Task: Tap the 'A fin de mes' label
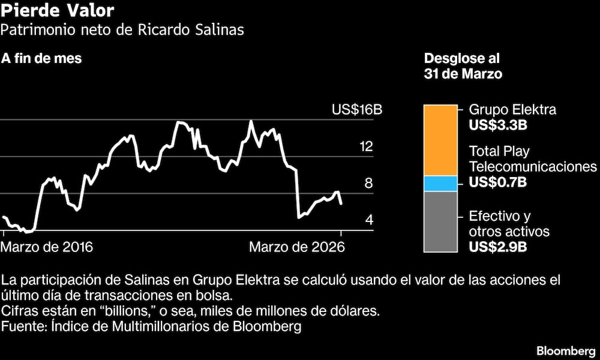pyautogui.click(x=41, y=59)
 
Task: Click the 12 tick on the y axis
pyautogui.click(x=365, y=147)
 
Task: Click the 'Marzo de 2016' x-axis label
pyautogui.click(x=47, y=247)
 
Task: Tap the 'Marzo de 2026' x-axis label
pyautogui.click(x=298, y=247)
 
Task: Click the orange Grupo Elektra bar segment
pyautogui.click(x=440, y=140)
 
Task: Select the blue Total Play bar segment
pyautogui.click(x=440, y=184)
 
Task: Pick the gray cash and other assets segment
pyautogui.click(x=440, y=221)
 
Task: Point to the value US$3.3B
pyautogui.click(x=497, y=125)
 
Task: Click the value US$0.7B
pyautogui.click(x=497, y=182)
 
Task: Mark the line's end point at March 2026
pyautogui.click(x=341, y=204)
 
